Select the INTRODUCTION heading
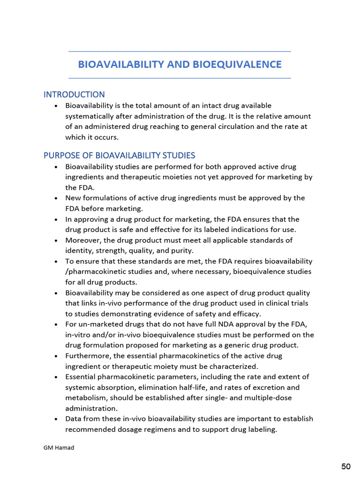pyautogui.click(x=74, y=95)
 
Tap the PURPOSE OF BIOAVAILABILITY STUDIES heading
pyautogui.click(x=119, y=155)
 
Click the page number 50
pyautogui.click(x=346, y=466)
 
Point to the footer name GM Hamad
pyautogui.click(x=59, y=448)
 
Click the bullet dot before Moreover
pyautogui.click(x=56, y=240)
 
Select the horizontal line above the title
pyautogui.click(x=180, y=51)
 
